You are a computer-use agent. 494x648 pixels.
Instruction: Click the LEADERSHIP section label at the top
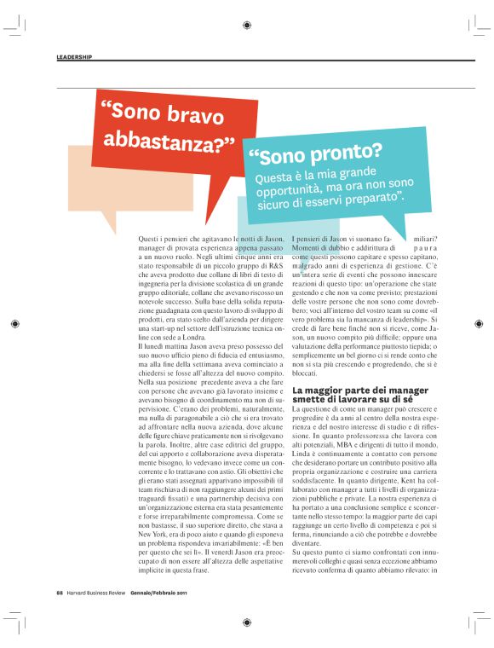tap(74, 57)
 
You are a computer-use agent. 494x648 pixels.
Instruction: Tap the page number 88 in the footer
tap(60, 617)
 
